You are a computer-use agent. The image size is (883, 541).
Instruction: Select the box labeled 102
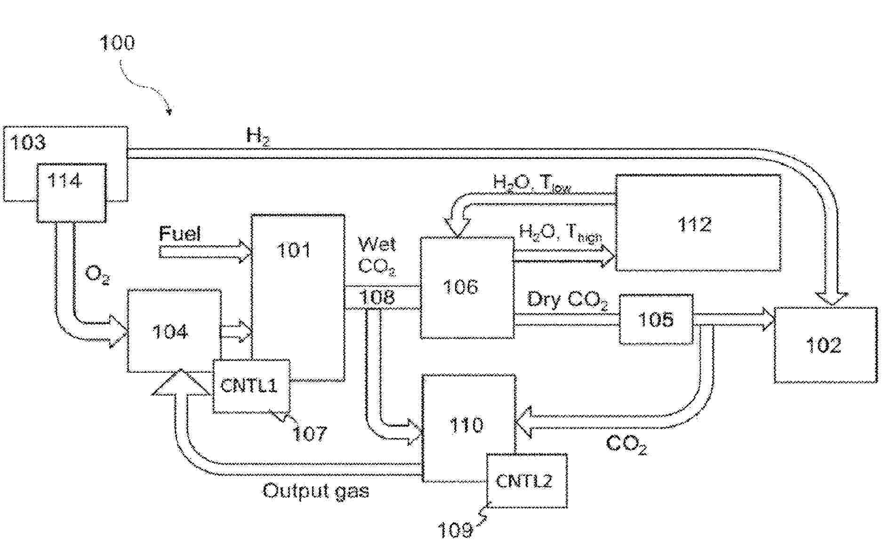click(825, 345)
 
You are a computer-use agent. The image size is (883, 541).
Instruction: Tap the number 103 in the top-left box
click(28, 142)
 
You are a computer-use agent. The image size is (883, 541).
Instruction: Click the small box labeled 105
click(656, 320)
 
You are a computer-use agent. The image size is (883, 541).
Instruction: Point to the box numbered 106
click(466, 287)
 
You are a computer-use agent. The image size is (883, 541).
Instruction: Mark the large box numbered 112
click(698, 223)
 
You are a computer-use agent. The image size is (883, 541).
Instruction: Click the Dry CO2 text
click(567, 300)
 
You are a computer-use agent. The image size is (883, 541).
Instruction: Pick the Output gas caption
click(315, 491)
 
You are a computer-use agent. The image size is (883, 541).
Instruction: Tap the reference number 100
click(117, 43)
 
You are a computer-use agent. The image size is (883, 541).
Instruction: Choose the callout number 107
click(309, 433)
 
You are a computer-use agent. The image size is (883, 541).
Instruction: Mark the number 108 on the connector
click(377, 297)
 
